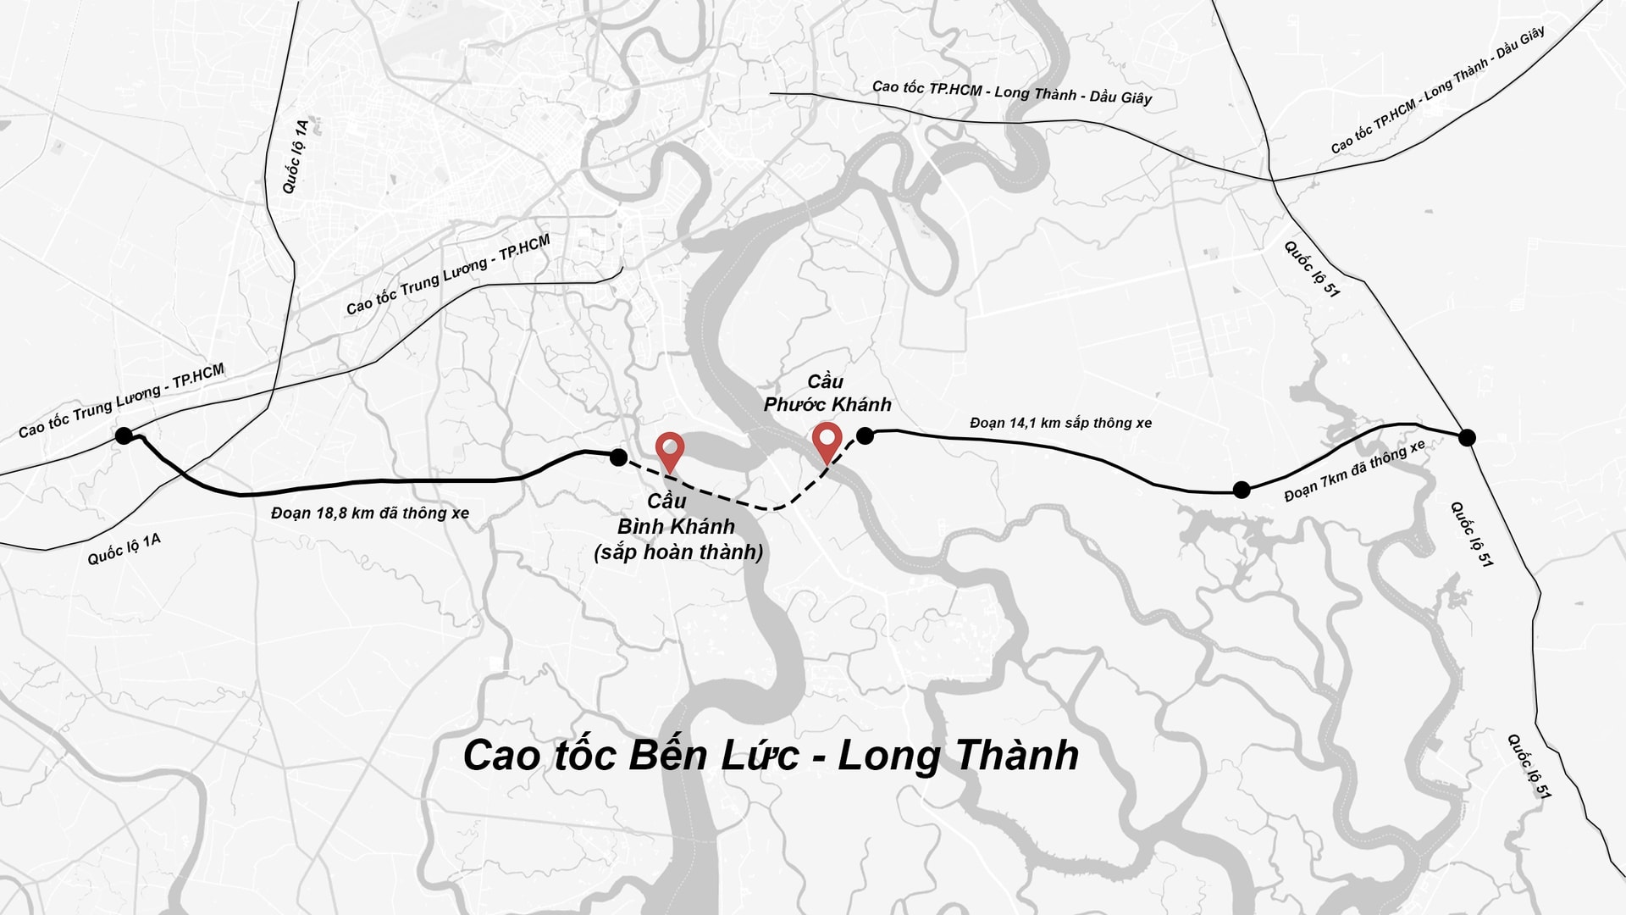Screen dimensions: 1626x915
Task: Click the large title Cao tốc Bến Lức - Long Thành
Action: [x=771, y=756]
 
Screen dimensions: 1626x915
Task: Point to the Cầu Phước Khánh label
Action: [x=827, y=393]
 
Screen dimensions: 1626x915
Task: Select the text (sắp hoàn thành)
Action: [x=678, y=552]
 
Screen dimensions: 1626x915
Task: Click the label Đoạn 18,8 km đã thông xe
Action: [x=370, y=513]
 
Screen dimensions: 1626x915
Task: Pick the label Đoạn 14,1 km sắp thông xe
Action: [x=1060, y=422]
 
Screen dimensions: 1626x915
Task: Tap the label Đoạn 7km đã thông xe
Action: [x=1354, y=471]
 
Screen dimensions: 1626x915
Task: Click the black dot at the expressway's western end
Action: [x=124, y=436]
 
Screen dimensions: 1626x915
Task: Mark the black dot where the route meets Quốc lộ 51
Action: [x=1468, y=437]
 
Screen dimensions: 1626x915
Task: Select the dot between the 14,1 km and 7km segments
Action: [x=1242, y=489]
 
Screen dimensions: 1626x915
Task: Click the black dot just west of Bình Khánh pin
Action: [x=618, y=457]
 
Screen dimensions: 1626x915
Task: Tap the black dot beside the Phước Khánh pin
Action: [x=865, y=435]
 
